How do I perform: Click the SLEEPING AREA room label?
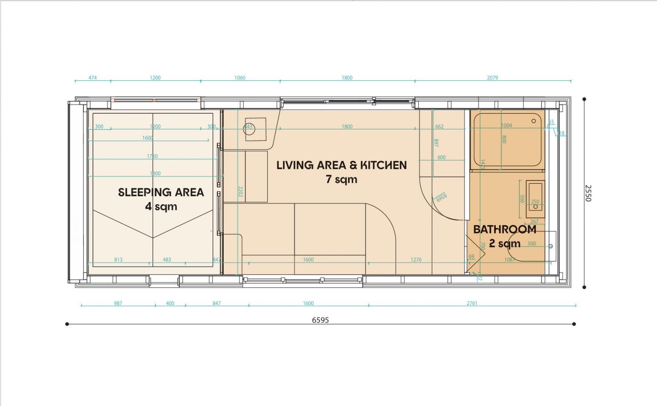coord(161,192)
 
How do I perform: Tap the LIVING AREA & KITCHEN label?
coord(341,165)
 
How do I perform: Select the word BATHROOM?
coord(505,229)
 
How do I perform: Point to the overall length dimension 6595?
coord(320,320)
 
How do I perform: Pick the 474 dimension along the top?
coord(92,78)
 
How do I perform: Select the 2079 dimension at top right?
coord(492,78)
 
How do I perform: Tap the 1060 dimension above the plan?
coord(240,78)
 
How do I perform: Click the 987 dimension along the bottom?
coord(118,303)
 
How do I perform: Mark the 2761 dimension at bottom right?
coord(472,303)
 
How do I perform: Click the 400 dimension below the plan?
coord(170,303)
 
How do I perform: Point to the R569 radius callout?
coord(441,197)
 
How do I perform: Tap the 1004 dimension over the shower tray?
coord(506,126)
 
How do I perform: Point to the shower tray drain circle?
coord(534,121)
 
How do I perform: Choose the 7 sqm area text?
coord(341,179)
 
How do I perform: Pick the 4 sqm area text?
coord(161,207)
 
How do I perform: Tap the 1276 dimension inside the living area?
coord(416,259)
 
